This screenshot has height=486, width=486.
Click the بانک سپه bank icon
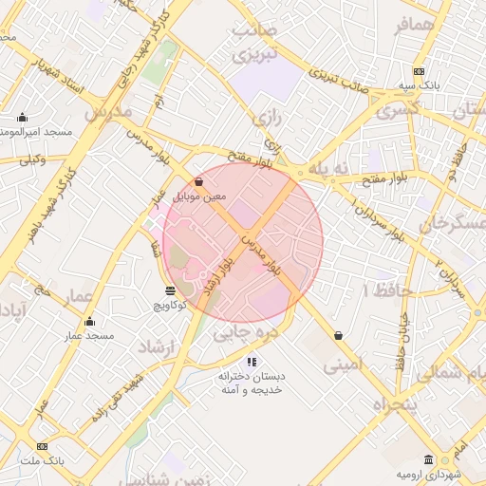click(419, 72)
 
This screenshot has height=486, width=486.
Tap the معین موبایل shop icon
click(198, 181)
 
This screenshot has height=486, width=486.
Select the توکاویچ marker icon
click(170, 290)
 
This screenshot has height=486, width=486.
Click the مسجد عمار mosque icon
click(89, 321)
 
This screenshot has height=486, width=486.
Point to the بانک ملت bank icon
click(42, 446)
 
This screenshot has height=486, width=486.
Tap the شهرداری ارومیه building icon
click(429, 459)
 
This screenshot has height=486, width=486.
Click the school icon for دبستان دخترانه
click(252, 361)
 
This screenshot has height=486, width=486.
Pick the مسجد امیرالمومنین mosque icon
click(22, 118)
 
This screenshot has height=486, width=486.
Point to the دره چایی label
click(245, 334)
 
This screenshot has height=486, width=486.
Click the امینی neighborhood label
click(343, 364)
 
